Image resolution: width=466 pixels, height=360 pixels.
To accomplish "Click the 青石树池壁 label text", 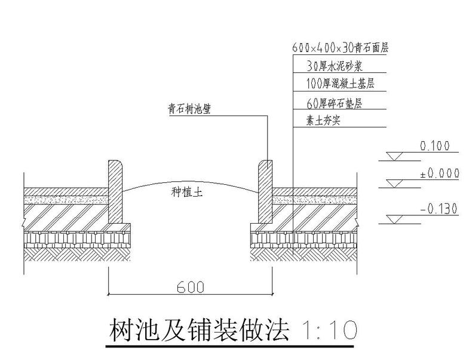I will pyautogui.click(x=191, y=109).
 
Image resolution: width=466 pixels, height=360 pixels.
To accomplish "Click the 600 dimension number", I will pyautogui.click(x=191, y=286).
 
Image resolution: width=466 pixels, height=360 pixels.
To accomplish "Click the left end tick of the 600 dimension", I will pyautogui.click(x=108, y=294).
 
